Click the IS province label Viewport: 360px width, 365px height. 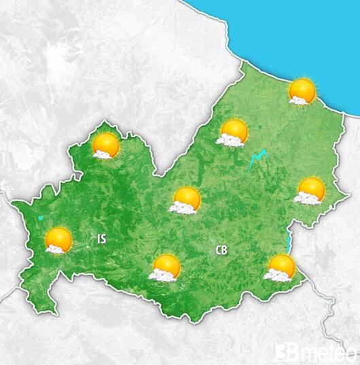click(101, 239)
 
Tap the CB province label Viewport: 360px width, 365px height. click(221, 250)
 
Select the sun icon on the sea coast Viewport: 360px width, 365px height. click(302, 90)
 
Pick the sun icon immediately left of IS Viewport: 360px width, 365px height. click(58, 239)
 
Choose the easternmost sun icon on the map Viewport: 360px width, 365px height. click(310, 189)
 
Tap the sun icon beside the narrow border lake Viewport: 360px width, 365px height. click(281, 266)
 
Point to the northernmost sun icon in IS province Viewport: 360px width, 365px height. click(106, 145)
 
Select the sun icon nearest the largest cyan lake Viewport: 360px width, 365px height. click(234, 131)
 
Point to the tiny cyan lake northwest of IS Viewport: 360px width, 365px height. click(41, 218)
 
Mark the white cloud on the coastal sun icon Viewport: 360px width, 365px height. click(296, 100)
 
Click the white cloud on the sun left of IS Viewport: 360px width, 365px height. click(52, 248)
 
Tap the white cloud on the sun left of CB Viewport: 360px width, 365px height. click(160, 275)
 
